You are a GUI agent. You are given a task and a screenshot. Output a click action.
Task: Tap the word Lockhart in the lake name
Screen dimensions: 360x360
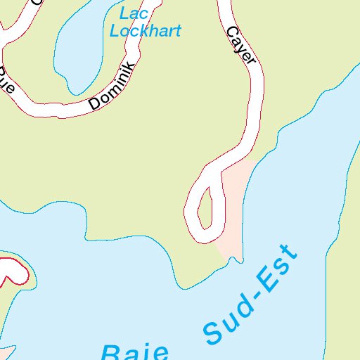(146, 30)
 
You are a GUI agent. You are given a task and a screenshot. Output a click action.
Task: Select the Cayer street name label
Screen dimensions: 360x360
(240, 46)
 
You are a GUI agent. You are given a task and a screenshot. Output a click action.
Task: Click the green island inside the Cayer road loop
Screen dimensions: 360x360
(205, 208)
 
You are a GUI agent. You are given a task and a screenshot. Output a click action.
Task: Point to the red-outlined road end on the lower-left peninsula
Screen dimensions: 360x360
(15, 271)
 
